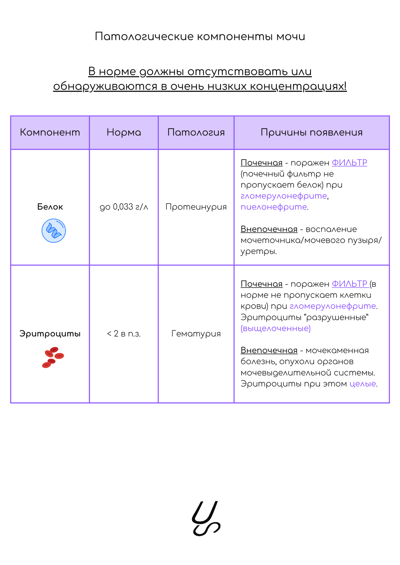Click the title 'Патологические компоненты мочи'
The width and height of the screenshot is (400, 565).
point(200,36)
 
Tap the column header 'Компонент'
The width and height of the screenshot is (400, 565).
point(50,133)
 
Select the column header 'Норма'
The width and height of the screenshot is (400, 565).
point(124,133)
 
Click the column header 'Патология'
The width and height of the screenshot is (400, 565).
point(196,133)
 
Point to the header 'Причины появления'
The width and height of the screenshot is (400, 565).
point(311,133)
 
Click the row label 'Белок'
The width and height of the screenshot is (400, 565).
point(50,207)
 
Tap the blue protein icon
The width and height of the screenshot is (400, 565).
point(54,230)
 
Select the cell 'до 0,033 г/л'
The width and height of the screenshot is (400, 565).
point(124,207)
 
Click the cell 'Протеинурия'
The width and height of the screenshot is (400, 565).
point(196,207)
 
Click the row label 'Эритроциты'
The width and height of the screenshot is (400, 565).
point(50,334)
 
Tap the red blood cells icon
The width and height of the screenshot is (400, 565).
point(53,357)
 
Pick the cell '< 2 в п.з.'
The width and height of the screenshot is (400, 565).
point(124,334)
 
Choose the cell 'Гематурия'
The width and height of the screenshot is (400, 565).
point(196,334)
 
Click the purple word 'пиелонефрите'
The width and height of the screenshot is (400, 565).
point(274,207)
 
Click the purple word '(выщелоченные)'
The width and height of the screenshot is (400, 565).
point(276,329)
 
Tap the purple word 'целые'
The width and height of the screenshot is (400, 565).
point(363,384)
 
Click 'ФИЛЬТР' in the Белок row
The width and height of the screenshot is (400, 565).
point(349,163)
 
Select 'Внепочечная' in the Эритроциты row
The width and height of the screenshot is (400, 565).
point(269,351)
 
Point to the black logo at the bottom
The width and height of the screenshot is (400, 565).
point(206,518)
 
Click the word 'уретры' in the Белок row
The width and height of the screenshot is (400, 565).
point(258,252)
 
